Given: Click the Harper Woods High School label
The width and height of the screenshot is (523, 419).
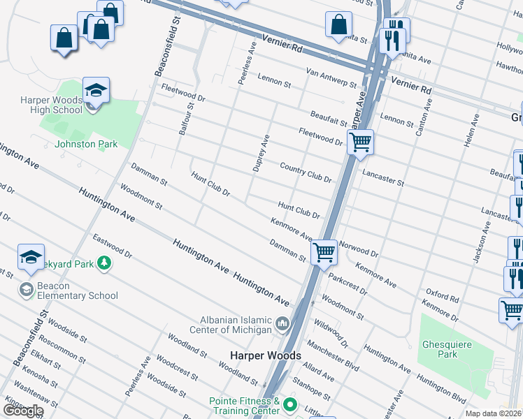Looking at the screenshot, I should pyautogui.click(x=51, y=105).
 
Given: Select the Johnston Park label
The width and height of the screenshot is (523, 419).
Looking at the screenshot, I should pyautogui.click(x=86, y=144).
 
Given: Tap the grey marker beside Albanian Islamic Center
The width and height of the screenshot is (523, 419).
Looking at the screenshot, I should pyautogui.click(x=282, y=323).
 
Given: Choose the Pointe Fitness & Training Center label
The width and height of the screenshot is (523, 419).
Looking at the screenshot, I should pyautogui.click(x=245, y=406).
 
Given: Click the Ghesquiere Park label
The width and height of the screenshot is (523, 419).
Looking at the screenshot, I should pyautogui.click(x=447, y=349).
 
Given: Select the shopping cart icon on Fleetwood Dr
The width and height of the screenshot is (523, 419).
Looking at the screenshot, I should pyautogui.click(x=361, y=142).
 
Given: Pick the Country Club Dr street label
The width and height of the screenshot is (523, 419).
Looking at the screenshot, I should pyautogui.click(x=305, y=172).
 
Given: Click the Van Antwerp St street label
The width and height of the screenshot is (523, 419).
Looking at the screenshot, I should pyautogui.click(x=331, y=76).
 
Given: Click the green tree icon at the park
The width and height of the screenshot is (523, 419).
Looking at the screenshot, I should pyautogui.click(x=103, y=263).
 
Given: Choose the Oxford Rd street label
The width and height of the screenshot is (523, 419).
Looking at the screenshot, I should pyautogui.click(x=442, y=294).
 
